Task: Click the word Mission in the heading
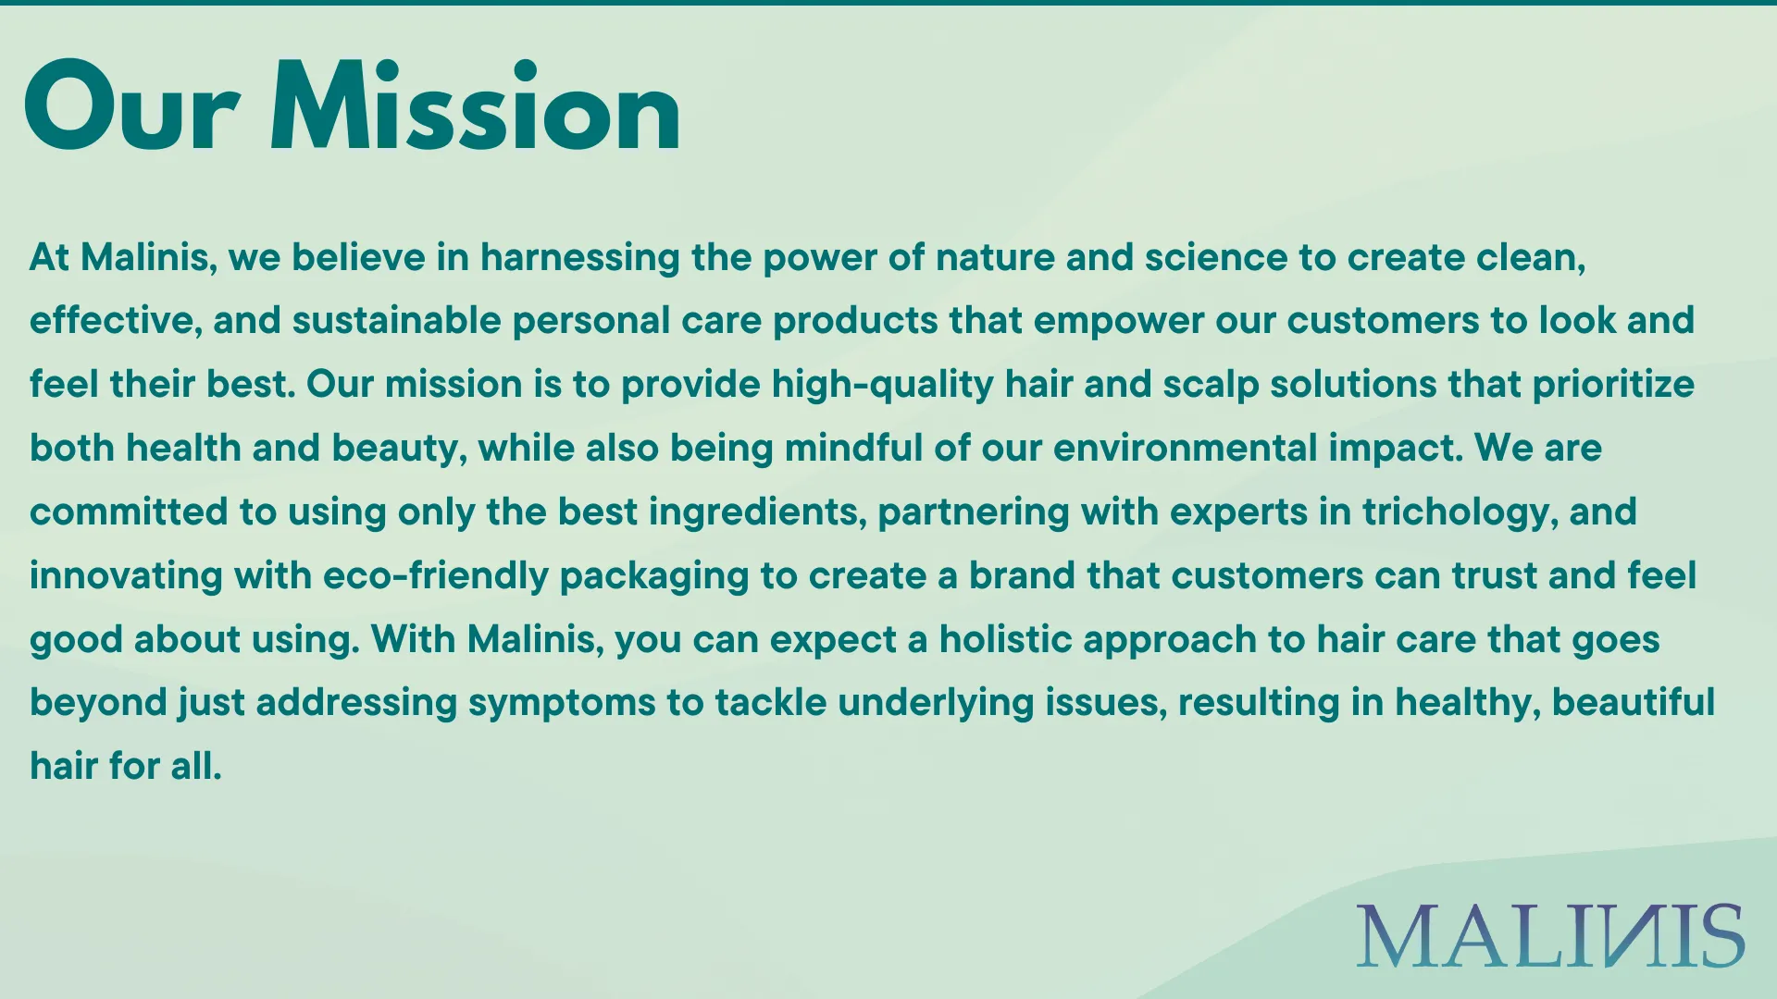(x=476, y=105)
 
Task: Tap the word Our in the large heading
(x=132, y=109)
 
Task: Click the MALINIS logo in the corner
(x=1551, y=936)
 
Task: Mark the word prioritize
(x=1613, y=385)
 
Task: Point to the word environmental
(x=1186, y=448)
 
